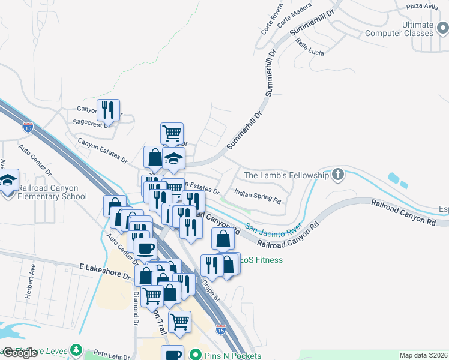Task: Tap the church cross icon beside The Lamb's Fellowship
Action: coord(338,175)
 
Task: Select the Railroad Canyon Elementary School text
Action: coord(52,192)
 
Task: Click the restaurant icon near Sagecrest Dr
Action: coord(108,110)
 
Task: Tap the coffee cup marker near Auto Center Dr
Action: coord(145,248)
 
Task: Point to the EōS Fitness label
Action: coord(261,260)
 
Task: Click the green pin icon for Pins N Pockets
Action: coord(195,355)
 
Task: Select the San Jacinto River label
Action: coord(273,229)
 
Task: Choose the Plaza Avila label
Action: coord(423,6)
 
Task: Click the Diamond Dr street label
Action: coord(136,306)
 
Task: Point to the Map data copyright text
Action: coord(423,355)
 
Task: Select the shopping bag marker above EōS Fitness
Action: coord(223,239)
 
